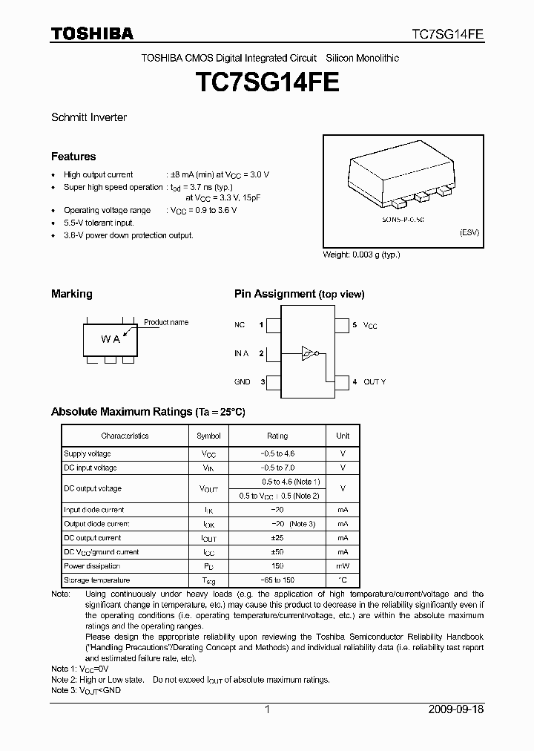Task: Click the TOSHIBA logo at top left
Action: pos(92,33)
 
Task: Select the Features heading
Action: pos(73,157)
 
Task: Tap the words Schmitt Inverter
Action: pos(89,117)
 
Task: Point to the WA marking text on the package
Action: pos(111,339)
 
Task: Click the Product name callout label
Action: pos(166,322)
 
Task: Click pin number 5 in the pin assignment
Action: pos(355,325)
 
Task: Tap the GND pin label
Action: pos(243,382)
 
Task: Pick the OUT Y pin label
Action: pos(375,382)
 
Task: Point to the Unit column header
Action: pos(343,436)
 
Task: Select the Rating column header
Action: pos(278,436)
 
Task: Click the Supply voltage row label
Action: pos(88,453)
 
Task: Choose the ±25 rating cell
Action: pos(278,538)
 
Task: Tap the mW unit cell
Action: pos(343,566)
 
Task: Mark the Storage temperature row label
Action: pos(97,580)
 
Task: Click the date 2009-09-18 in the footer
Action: pos(456,709)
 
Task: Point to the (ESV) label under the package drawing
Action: pos(469,232)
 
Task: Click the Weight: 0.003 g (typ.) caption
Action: pos(361,255)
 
